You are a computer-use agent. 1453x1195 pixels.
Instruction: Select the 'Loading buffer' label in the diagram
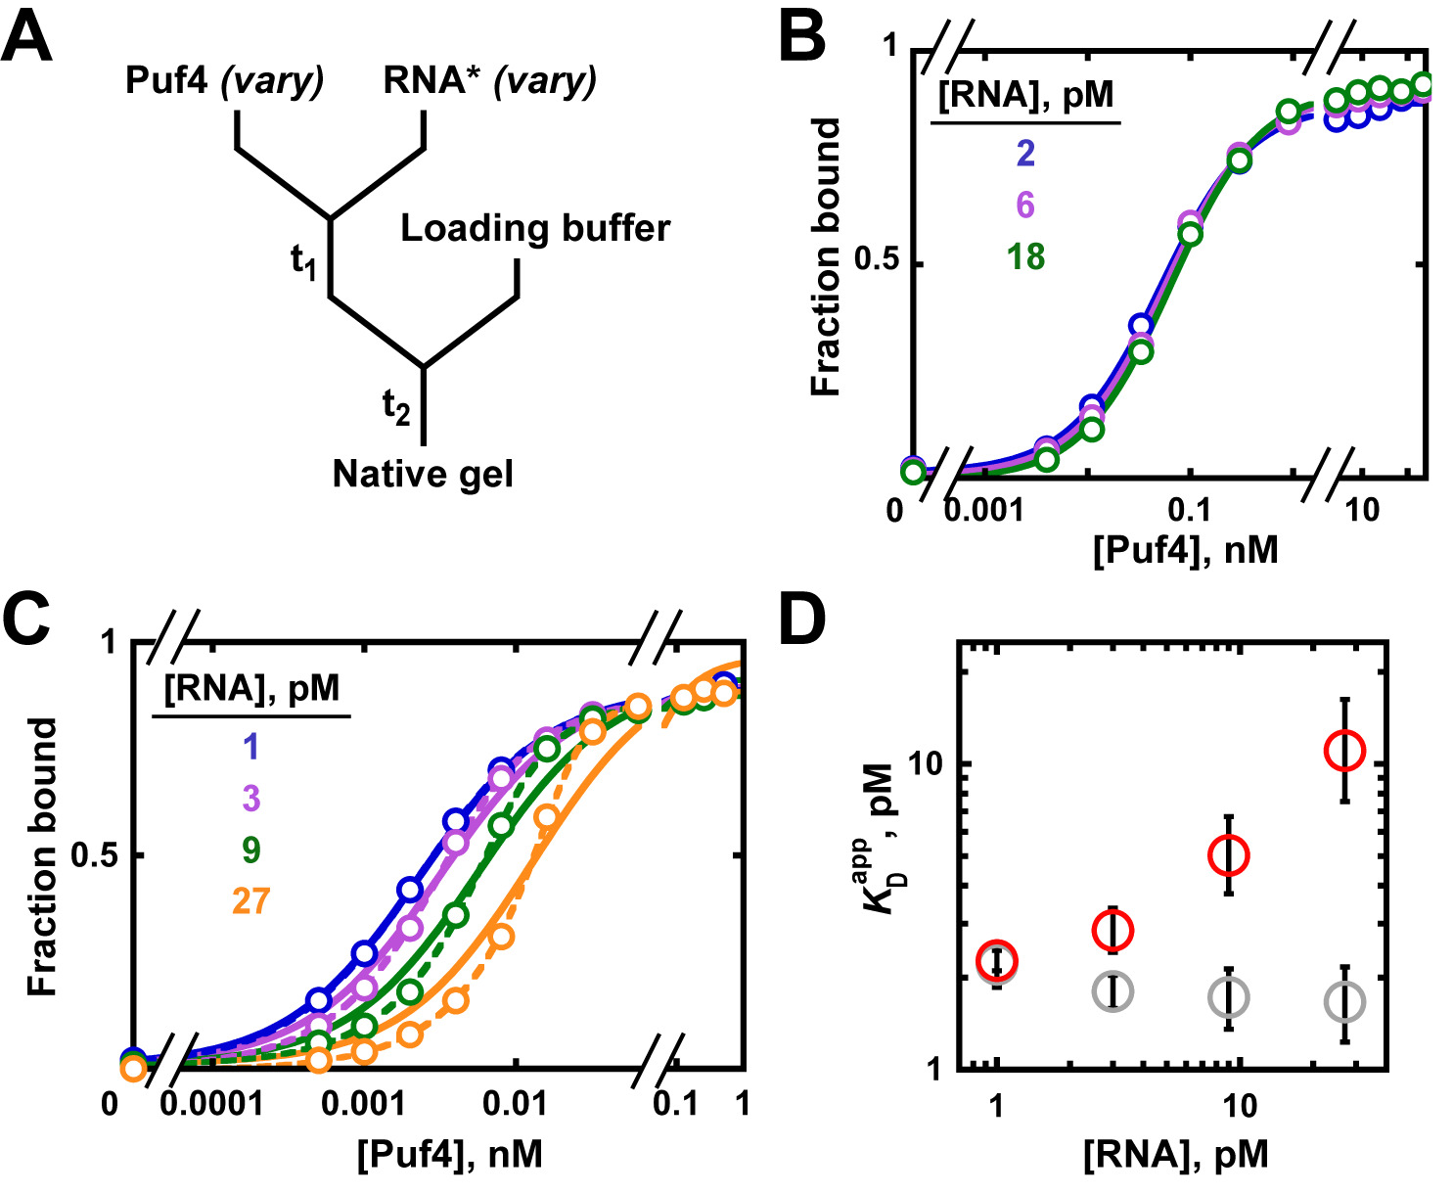535,229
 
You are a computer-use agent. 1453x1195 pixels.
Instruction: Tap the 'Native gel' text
423,475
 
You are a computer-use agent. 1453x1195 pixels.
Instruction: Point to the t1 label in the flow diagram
304,261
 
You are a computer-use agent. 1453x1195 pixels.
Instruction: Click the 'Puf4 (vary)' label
224,80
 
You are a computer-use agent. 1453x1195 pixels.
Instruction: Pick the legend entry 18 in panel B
1025,257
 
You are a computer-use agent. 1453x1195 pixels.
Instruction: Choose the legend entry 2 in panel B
1025,154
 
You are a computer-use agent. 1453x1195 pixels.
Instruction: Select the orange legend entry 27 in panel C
250,901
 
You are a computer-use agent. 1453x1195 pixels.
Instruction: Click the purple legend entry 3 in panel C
250,799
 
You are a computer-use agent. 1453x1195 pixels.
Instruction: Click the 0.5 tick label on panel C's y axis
94,855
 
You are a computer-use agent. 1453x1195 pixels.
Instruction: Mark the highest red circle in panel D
1344,750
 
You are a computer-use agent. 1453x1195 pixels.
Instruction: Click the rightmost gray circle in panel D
1344,1002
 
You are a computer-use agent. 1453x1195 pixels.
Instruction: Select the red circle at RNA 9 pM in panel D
1228,855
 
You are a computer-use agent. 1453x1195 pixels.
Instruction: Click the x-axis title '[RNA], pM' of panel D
1175,1156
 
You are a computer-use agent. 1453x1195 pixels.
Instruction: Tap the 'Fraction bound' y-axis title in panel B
828,257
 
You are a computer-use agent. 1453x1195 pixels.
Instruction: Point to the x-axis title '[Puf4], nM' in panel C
449,1156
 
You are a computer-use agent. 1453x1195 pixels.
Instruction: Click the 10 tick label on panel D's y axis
928,763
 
